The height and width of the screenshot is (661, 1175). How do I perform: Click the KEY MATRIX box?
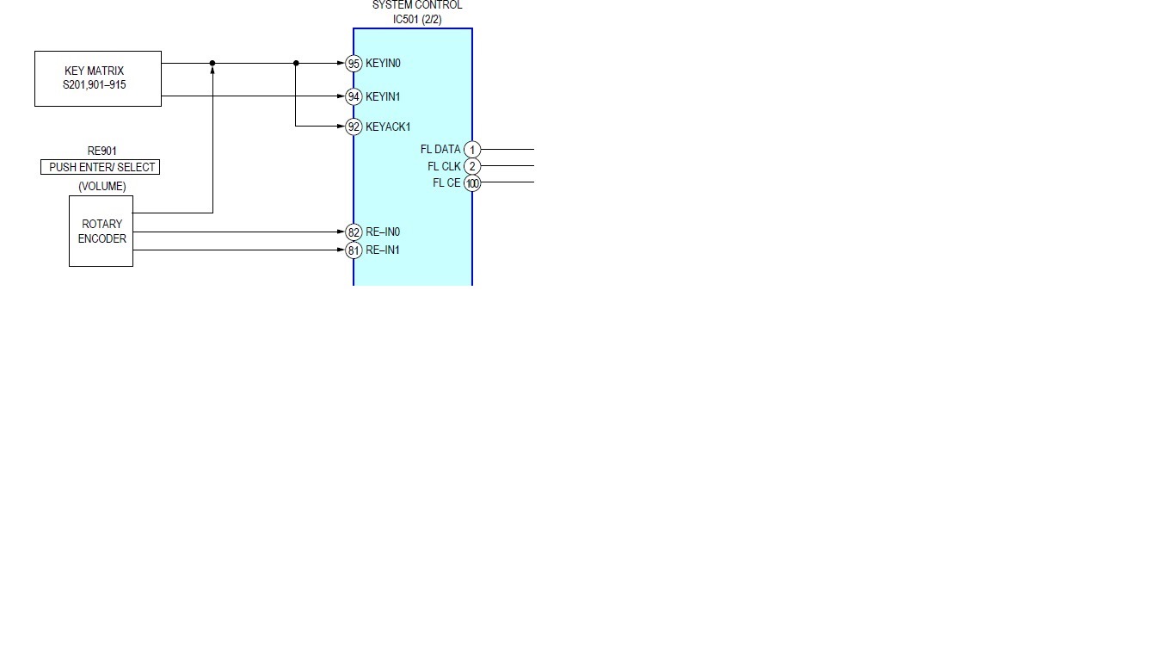pyautogui.click(x=98, y=78)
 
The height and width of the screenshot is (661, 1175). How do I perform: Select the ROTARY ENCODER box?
pyautogui.click(x=102, y=231)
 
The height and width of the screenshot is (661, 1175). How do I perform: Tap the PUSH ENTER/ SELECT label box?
pyautogui.click(x=101, y=167)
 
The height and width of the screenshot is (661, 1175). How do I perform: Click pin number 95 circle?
pyautogui.click(x=354, y=63)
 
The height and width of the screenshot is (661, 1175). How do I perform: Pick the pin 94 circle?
pyautogui.click(x=354, y=96)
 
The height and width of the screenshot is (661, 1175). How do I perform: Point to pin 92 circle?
pyautogui.click(x=354, y=127)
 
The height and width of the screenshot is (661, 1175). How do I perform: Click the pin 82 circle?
pyautogui.click(x=354, y=232)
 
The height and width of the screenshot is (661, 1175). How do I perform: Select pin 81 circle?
pyautogui.click(x=354, y=250)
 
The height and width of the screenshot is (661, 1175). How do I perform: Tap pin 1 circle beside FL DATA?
pyautogui.click(x=472, y=150)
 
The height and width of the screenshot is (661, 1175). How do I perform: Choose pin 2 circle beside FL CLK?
pyautogui.click(x=472, y=166)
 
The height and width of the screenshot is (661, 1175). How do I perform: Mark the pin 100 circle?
pyautogui.click(x=472, y=182)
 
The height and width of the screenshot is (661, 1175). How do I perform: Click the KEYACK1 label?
pyautogui.click(x=388, y=127)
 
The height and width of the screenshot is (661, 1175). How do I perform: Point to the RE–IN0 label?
pyautogui.click(x=383, y=232)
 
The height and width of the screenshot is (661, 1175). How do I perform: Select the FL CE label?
pyautogui.click(x=446, y=182)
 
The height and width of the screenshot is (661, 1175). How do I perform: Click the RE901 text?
pyautogui.click(x=102, y=151)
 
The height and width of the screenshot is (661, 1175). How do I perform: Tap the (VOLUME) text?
pyautogui.click(x=102, y=186)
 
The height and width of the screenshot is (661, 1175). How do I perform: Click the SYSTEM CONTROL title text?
pyautogui.click(x=417, y=5)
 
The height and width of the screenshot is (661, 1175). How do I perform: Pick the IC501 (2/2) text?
pyautogui.click(x=417, y=19)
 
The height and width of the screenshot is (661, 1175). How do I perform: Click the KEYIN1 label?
pyautogui.click(x=383, y=96)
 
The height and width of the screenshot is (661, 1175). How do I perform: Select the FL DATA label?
pyautogui.click(x=440, y=150)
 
